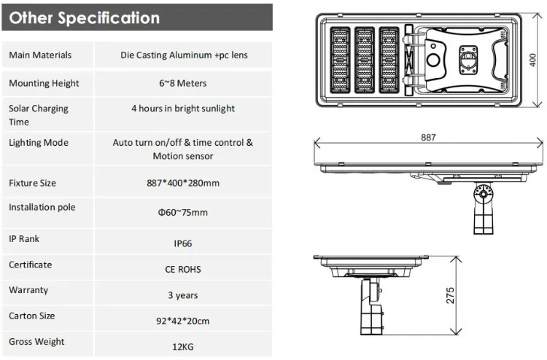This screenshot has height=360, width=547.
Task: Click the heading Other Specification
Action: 84,17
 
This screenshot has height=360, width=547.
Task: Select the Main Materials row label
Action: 40,55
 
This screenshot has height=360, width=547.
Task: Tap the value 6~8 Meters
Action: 183,83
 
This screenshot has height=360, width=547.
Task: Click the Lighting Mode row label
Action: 39,143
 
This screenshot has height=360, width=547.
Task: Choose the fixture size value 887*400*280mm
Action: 183,183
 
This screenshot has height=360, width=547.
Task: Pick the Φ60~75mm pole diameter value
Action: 183,212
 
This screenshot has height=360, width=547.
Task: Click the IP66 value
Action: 183,243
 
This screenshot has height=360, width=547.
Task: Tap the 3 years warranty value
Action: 183,295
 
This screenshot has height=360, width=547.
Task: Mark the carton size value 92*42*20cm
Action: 183,321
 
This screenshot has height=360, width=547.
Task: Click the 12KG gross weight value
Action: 183,347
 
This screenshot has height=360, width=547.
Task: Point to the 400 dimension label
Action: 532,60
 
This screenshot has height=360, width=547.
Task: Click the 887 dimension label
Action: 428,137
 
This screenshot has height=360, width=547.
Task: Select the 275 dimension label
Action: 451,296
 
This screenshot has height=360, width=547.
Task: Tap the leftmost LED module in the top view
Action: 340,60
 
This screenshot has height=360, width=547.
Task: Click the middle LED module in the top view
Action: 365,60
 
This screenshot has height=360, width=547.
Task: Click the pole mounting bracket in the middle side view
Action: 483,208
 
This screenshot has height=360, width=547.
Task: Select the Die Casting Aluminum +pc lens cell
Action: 184,55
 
